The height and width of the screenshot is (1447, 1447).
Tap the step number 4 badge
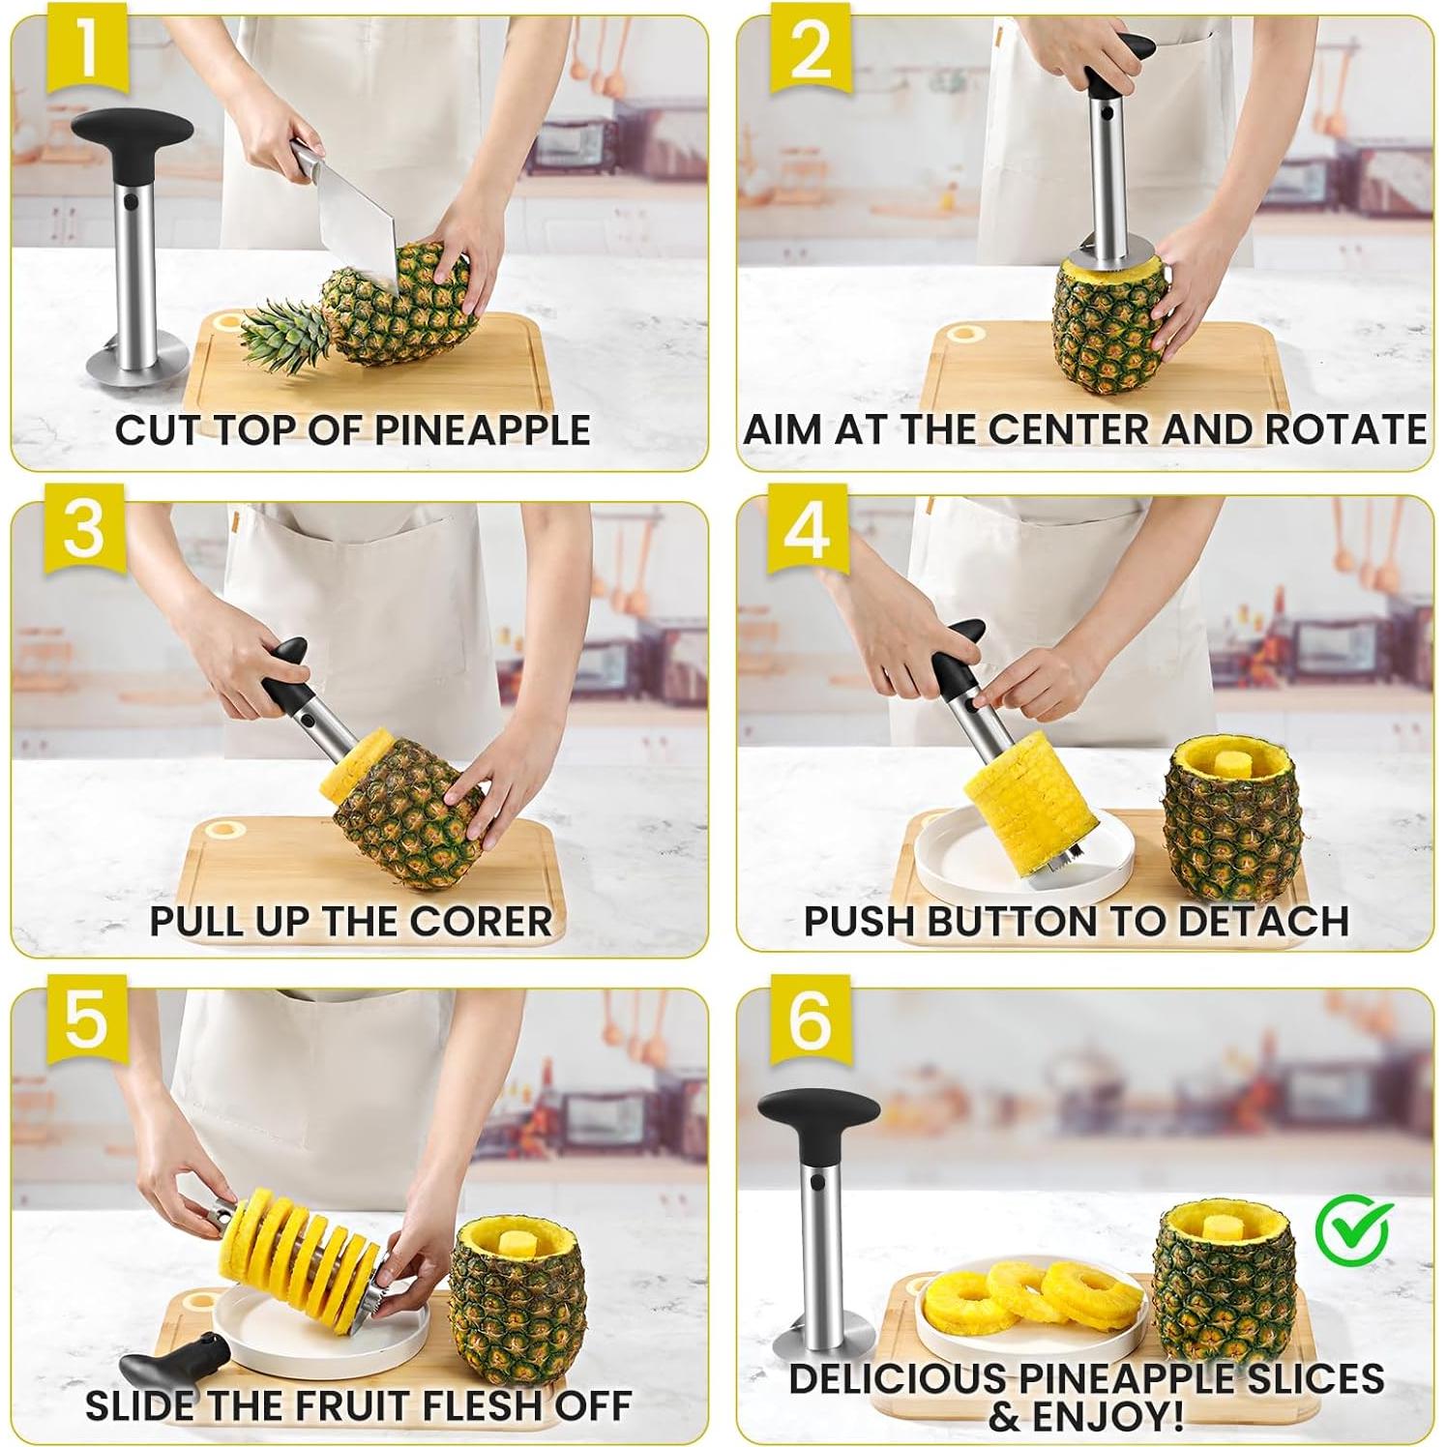[x=808, y=531]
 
